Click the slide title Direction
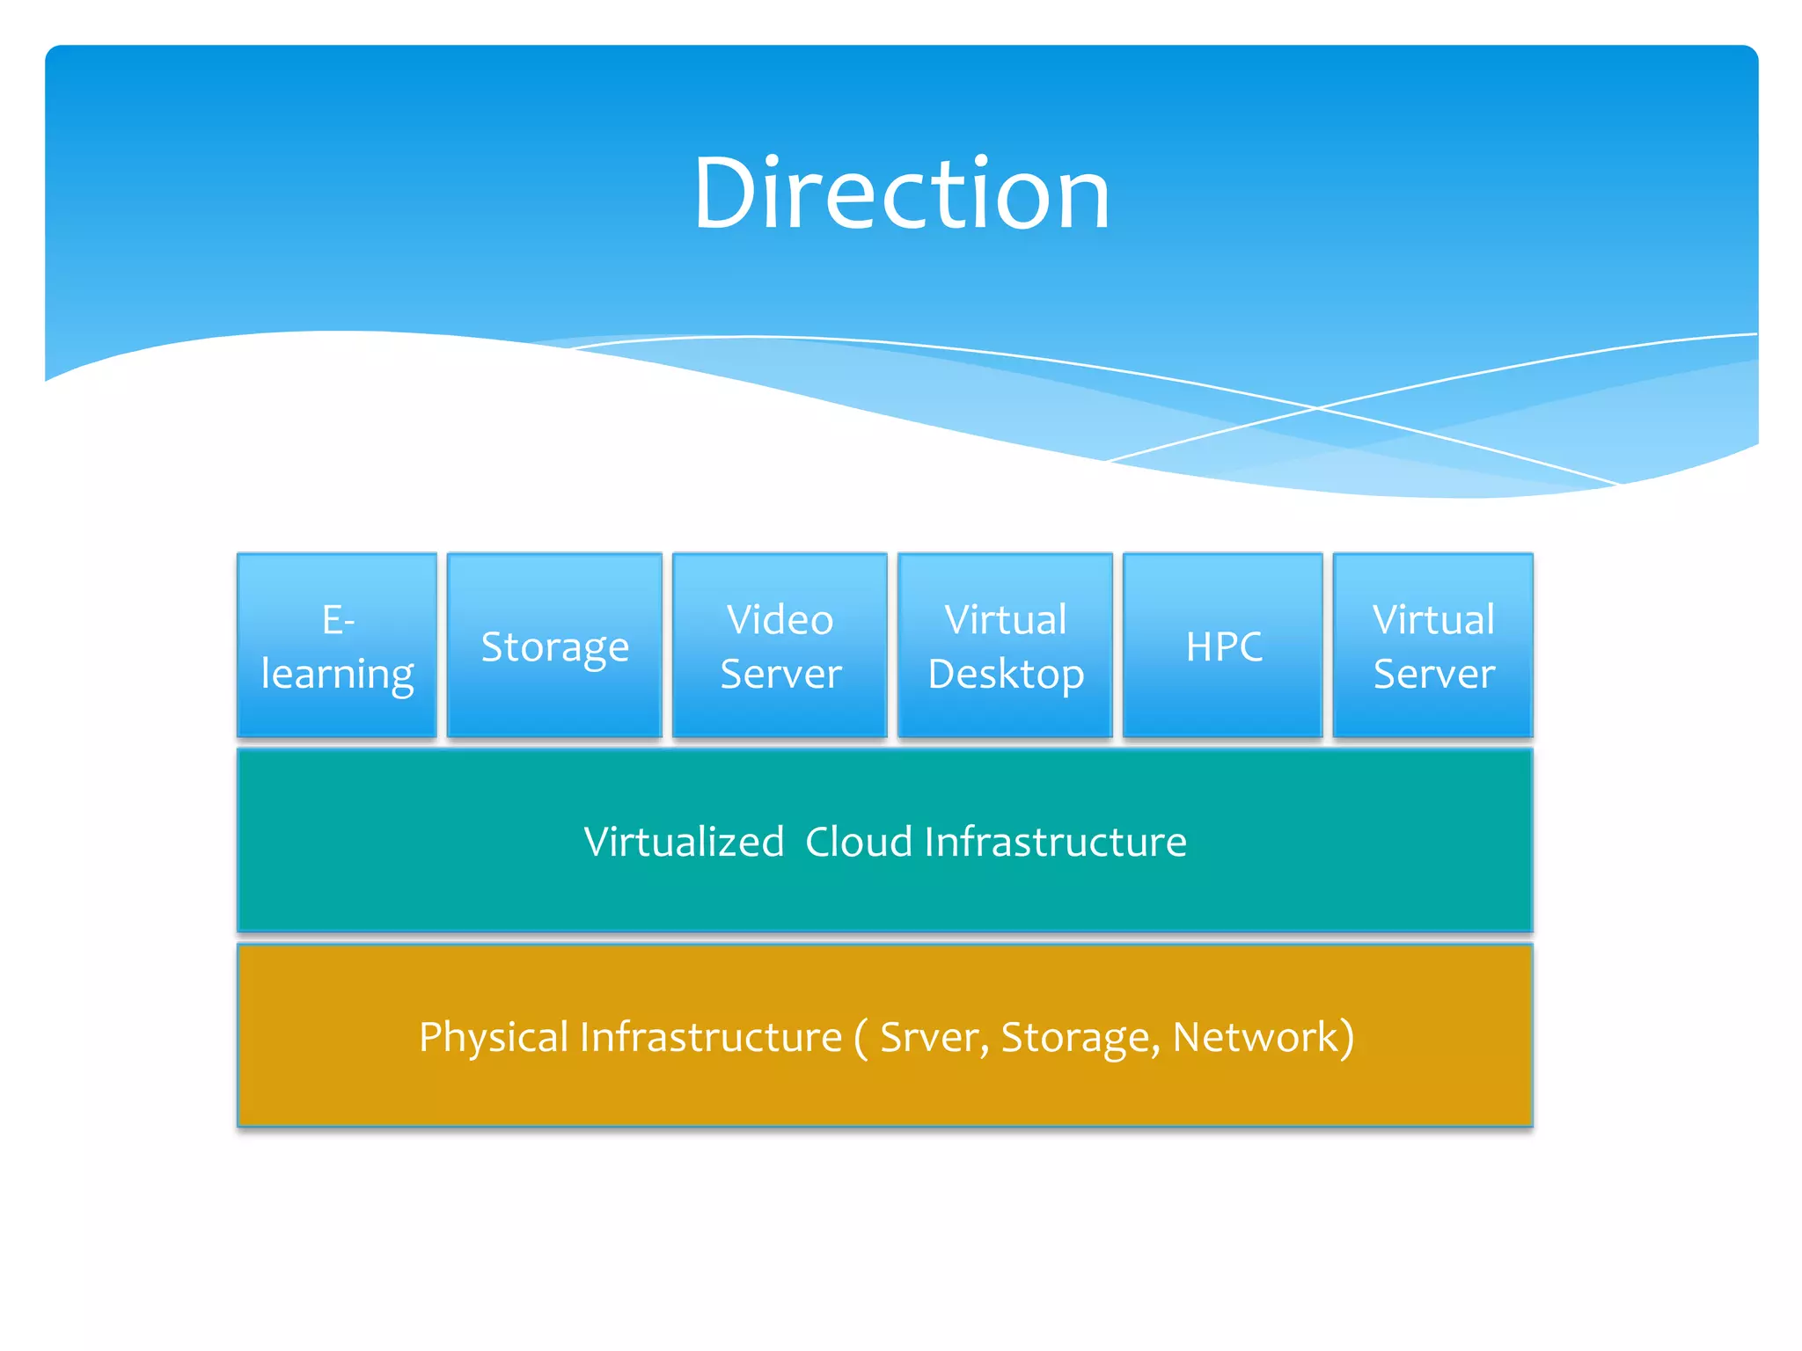click(x=901, y=194)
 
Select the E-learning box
click(x=337, y=646)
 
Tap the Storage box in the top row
click(x=554, y=646)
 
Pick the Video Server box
click(x=780, y=646)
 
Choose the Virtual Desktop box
click(x=1005, y=646)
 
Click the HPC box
click(x=1223, y=646)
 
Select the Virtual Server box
click(x=1432, y=646)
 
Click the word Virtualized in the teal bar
click(x=684, y=842)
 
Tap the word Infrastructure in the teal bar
click(x=1055, y=842)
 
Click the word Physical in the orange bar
click(x=494, y=1037)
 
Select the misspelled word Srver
click(x=929, y=1037)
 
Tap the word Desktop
click(x=1006, y=675)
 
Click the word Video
click(x=780, y=619)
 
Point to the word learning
click(x=337, y=675)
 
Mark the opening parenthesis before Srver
click(x=861, y=1039)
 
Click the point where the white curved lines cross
click(x=1317, y=408)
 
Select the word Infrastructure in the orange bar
click(x=710, y=1037)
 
